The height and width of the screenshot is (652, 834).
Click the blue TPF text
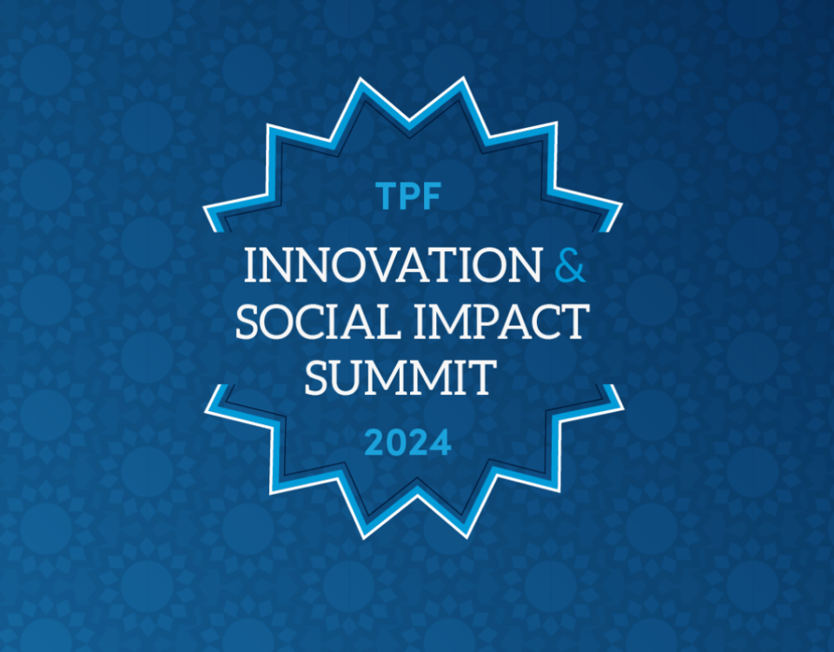coord(408,196)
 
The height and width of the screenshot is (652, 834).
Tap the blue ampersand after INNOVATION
coord(570,264)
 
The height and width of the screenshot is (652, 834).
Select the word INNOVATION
coord(393,264)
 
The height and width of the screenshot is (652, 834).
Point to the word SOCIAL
coord(318,322)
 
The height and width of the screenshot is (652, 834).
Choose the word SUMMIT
coord(400,377)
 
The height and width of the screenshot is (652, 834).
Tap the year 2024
coord(408,442)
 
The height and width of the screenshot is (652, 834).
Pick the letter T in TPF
coord(386,196)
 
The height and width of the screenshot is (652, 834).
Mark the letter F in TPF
coord(432,196)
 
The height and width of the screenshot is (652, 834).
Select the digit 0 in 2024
coord(397,442)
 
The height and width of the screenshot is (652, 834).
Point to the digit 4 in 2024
coord(440,442)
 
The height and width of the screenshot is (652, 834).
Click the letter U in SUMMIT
coord(346,378)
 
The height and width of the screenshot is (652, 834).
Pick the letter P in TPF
coord(409,196)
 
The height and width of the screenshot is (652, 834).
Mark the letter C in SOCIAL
coord(312,322)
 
